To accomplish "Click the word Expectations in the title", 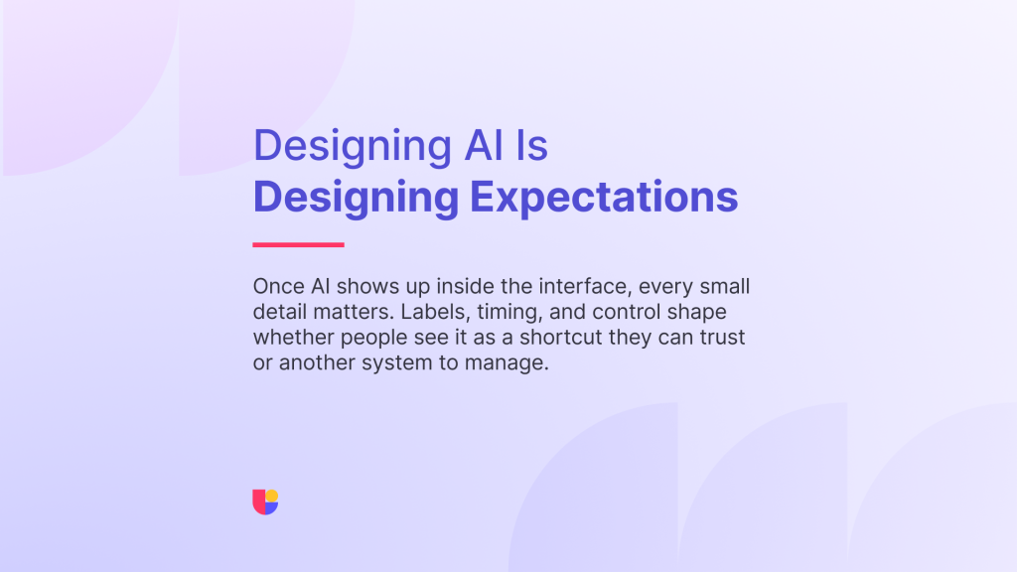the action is [604, 198].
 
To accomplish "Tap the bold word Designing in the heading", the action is [357, 198].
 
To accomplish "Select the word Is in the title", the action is [532, 145].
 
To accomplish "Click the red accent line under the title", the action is [298, 244].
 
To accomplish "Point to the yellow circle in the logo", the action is [272, 497].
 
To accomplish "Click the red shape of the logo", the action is [259, 501].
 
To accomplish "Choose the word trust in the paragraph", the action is [722, 338].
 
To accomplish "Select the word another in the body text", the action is [318, 362].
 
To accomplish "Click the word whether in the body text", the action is [294, 338].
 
